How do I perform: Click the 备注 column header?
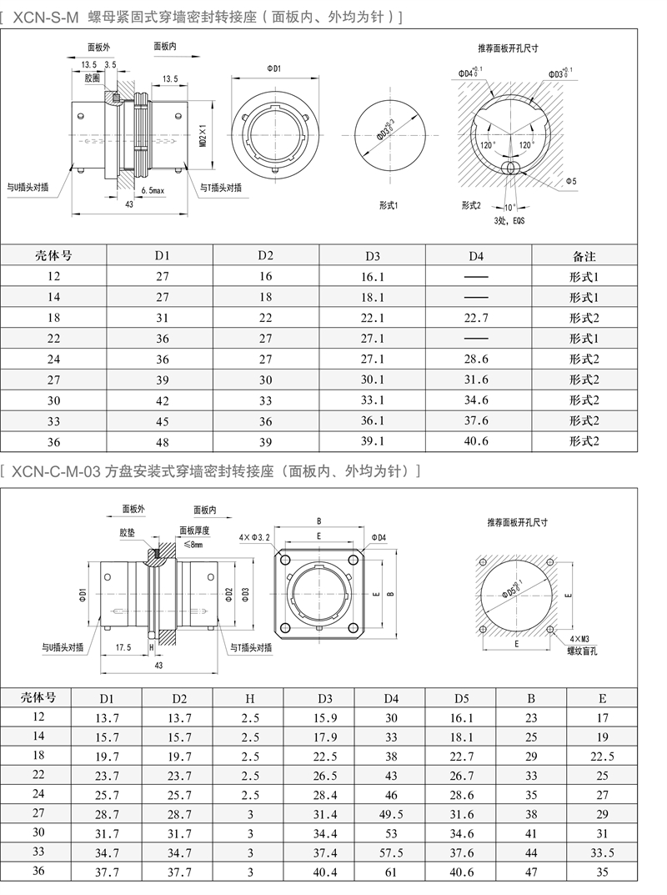[584, 256]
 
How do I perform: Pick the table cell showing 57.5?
[391, 853]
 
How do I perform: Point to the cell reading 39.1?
[373, 441]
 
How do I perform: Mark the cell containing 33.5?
[602, 853]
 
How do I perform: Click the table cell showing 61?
[391, 873]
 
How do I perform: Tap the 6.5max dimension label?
[153, 191]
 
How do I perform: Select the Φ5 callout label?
[571, 181]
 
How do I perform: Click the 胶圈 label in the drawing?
[93, 77]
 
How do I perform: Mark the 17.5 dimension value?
[124, 646]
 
